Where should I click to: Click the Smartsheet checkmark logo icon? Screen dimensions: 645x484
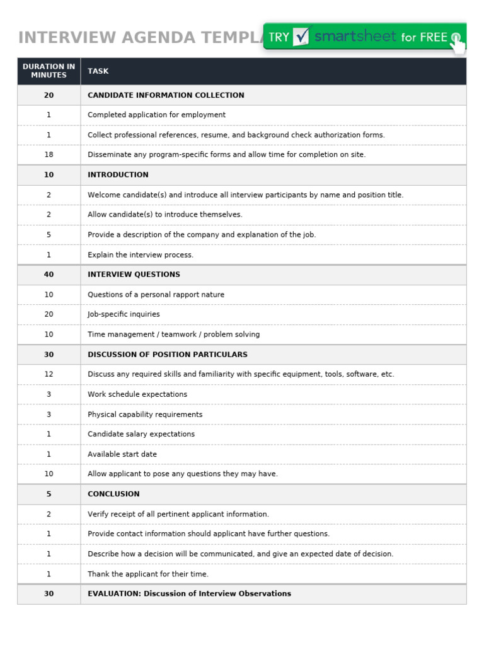(302, 37)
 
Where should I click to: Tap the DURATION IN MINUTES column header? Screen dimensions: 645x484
(49, 71)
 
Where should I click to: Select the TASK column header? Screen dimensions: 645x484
(98, 71)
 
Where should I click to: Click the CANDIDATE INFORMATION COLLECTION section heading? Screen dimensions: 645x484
(166, 95)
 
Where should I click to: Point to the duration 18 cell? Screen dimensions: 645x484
(49, 154)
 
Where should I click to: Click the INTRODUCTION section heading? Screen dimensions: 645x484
(118, 174)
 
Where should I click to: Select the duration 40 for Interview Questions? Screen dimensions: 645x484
(49, 275)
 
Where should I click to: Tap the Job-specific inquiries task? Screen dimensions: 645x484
(124, 314)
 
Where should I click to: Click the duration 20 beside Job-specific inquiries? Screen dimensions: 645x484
(49, 314)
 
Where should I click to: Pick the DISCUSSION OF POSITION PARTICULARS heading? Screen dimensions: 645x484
(167, 355)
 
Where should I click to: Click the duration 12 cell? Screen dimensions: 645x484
(49, 374)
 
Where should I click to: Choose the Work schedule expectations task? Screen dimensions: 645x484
(137, 394)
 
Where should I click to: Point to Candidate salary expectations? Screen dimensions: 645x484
(141, 434)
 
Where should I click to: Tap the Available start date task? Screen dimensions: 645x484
(122, 454)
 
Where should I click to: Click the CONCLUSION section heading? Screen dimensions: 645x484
(113, 494)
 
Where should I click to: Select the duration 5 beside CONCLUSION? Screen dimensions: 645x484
(49, 494)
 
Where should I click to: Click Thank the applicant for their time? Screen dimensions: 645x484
(148, 574)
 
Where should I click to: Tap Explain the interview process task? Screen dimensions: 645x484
(141, 255)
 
